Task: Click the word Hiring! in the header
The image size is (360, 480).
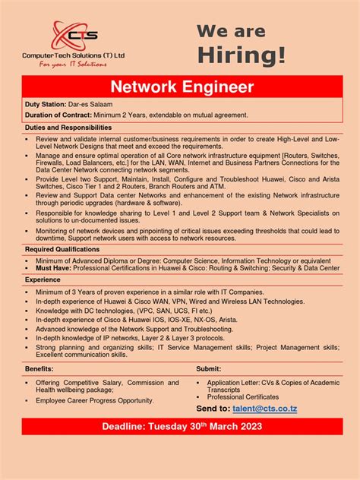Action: pyautogui.click(x=242, y=55)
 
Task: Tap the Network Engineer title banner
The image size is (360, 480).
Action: pyautogui.click(x=182, y=87)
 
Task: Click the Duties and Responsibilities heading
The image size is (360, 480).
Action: pyautogui.click(x=68, y=128)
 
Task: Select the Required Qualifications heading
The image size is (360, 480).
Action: pyautogui.click(x=62, y=249)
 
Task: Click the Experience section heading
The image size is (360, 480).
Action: pyautogui.click(x=43, y=279)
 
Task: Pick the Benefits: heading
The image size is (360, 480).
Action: pyautogui.click(x=39, y=368)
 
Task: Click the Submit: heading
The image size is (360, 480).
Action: pyautogui.click(x=209, y=368)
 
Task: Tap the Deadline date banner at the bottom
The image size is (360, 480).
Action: pyautogui.click(x=182, y=427)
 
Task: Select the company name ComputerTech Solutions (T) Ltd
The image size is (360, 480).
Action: pyautogui.click(x=74, y=55)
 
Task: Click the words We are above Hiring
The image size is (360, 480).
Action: pyautogui.click(x=232, y=31)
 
